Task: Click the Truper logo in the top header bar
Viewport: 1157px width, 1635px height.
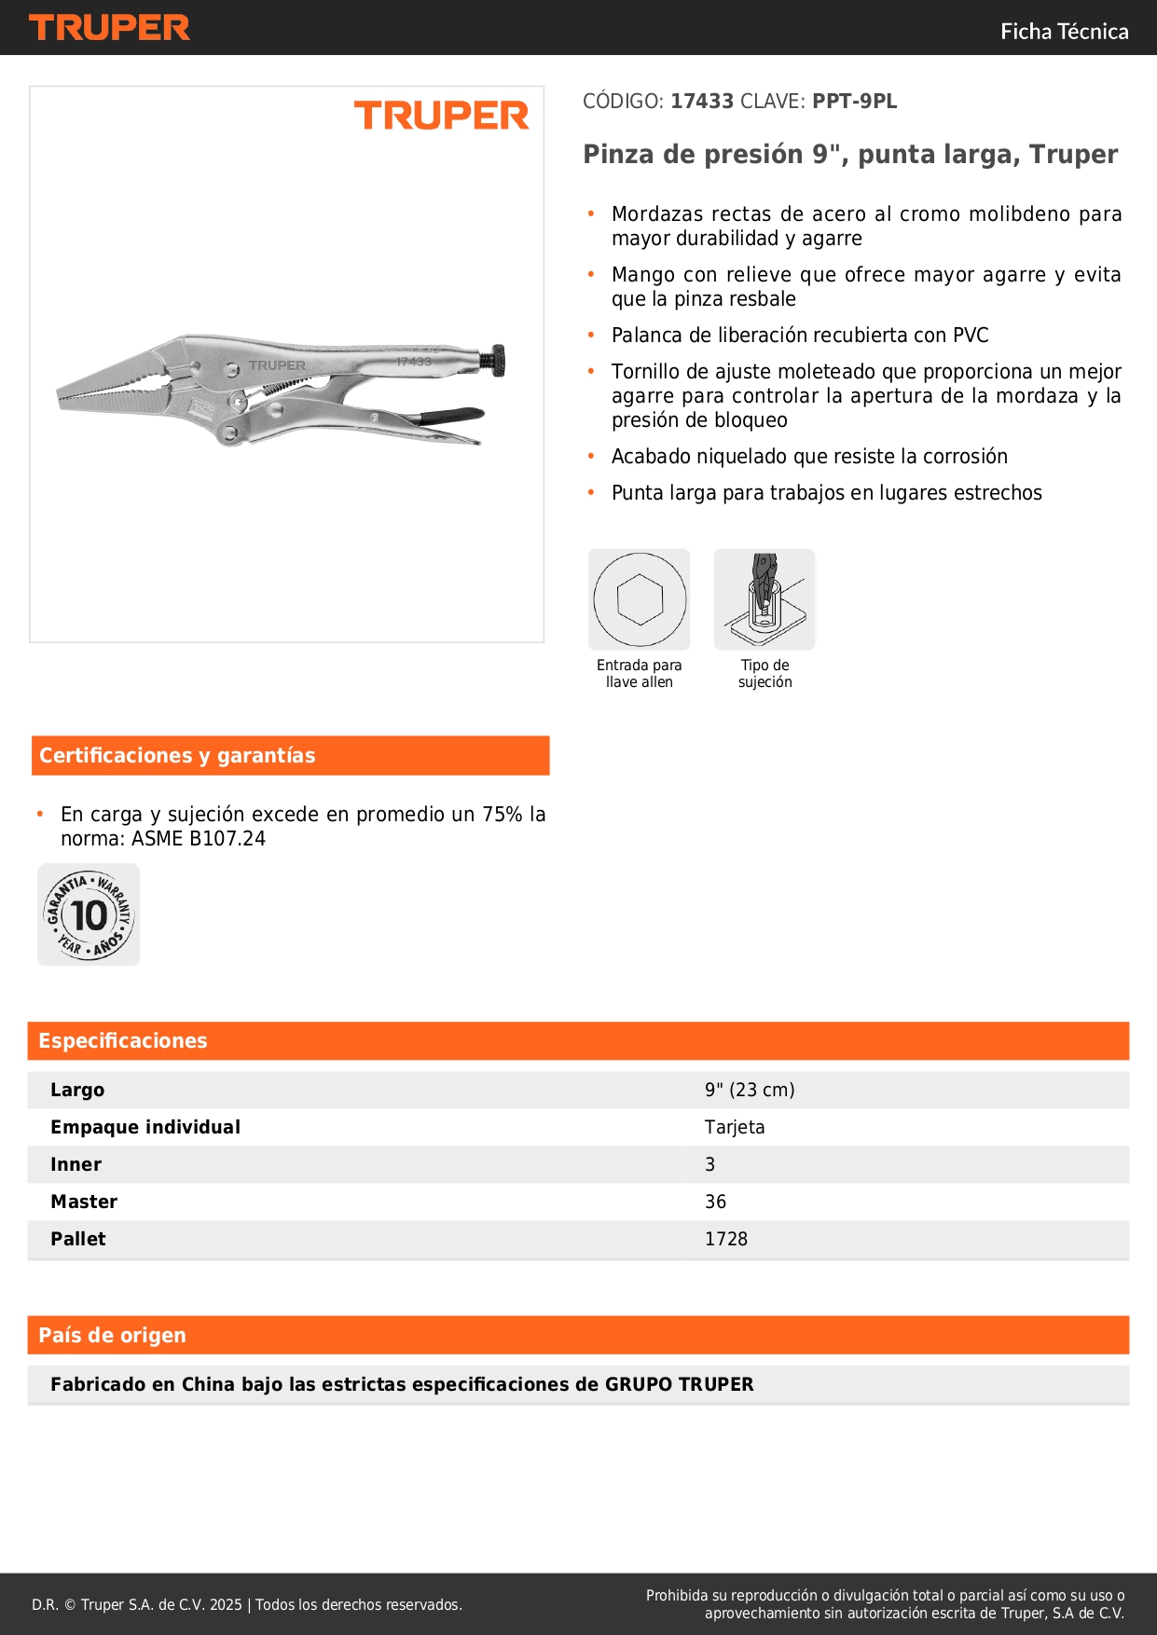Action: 109,28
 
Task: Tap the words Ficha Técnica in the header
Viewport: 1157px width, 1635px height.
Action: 1064,32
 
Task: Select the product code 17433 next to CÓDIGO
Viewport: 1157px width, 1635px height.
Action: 702,102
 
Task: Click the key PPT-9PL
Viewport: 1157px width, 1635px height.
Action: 854,102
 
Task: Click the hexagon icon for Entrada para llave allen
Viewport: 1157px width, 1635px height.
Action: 640,599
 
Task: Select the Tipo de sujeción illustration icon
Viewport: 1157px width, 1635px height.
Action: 764,599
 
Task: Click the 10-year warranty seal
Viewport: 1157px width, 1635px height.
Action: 89,914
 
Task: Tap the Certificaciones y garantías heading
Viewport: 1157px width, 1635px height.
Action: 177,755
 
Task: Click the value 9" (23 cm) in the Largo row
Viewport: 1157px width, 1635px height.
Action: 750,1090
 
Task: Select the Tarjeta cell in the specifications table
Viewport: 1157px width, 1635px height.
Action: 735,1127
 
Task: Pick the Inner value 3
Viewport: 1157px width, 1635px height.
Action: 710,1164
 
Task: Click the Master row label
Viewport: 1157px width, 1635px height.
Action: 84,1202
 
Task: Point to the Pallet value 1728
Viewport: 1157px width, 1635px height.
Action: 726,1239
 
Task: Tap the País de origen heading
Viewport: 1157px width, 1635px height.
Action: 112,1335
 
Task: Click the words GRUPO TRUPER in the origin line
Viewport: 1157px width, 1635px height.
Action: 679,1384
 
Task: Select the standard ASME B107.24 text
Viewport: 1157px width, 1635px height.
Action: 198,839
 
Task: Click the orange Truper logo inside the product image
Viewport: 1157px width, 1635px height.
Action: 441,117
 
